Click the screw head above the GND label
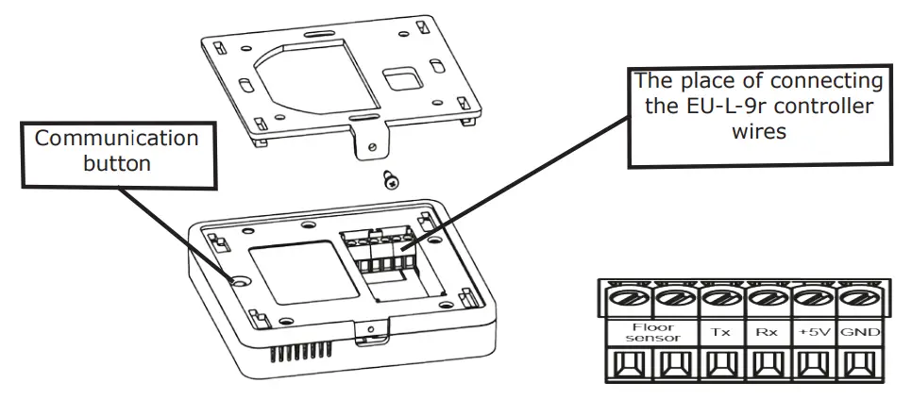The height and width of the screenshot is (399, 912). click(x=856, y=299)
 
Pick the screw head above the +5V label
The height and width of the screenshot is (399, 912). click(x=809, y=299)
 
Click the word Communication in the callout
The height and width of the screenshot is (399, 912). click(x=117, y=139)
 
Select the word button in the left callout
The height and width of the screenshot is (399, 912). click(x=117, y=162)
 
